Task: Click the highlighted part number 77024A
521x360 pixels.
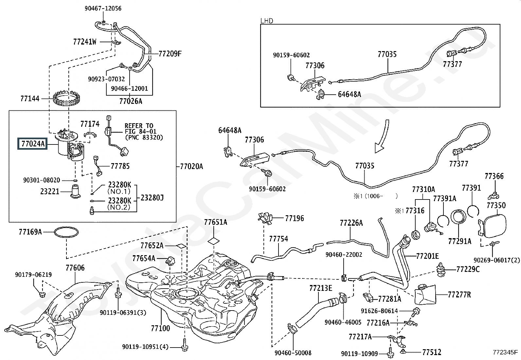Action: click(x=32, y=143)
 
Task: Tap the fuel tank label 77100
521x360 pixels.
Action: click(x=160, y=328)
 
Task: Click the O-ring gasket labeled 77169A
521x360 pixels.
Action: click(x=66, y=233)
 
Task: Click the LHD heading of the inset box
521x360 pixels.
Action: click(x=267, y=21)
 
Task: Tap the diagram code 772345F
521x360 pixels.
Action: click(x=505, y=353)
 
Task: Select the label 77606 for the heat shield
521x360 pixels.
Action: click(x=75, y=268)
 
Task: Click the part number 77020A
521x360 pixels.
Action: click(x=191, y=166)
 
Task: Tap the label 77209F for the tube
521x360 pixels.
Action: click(x=170, y=54)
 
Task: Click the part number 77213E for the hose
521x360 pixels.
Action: click(x=320, y=288)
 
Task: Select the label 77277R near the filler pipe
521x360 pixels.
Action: click(x=459, y=295)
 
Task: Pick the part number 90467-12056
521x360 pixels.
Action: click(x=103, y=9)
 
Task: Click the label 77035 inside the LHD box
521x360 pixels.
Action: click(x=387, y=54)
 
